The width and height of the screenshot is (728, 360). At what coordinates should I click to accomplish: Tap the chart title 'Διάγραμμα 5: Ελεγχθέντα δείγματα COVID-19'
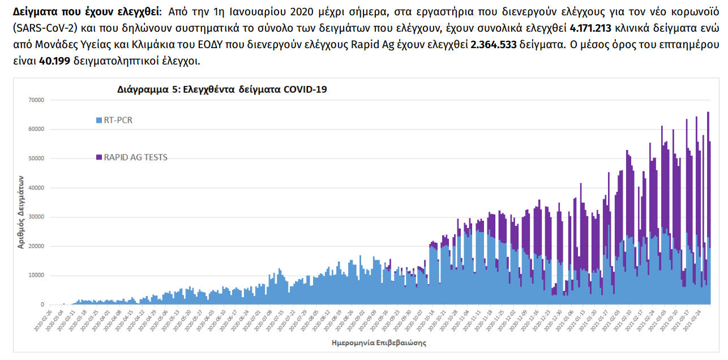[222, 89]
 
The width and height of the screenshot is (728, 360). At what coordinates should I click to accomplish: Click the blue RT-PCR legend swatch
[99, 120]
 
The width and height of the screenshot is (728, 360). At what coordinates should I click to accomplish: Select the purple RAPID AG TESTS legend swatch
[99, 157]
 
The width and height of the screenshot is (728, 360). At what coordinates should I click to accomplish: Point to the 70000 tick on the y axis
[36, 100]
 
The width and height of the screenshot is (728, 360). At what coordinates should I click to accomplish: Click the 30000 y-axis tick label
[36, 217]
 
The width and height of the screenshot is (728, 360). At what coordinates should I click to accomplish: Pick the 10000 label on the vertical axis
[36, 276]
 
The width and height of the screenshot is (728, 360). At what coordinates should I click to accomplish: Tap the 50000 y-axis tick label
[36, 158]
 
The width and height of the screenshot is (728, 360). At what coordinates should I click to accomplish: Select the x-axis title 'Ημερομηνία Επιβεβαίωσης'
[378, 343]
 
